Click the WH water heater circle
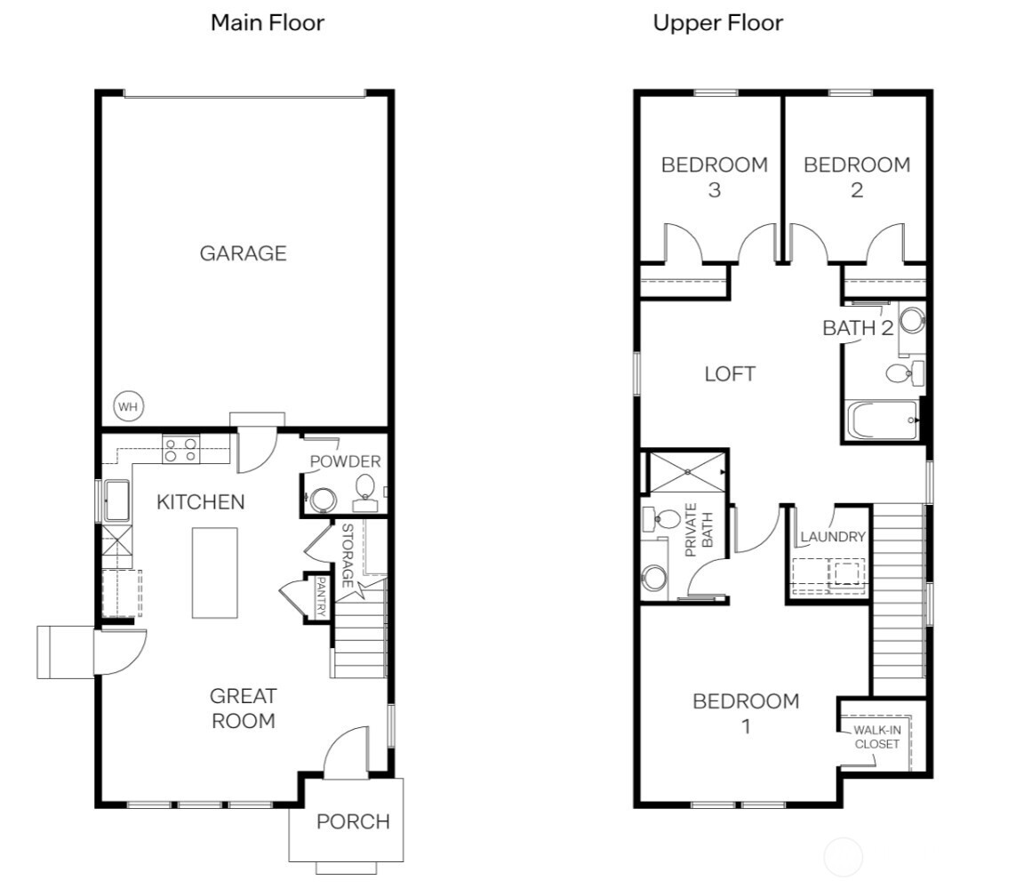[128, 407]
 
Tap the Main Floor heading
[268, 23]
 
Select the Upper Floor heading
[718, 23]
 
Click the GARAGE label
[243, 252]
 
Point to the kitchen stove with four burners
[180, 449]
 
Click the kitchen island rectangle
[214, 573]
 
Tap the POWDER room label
[346, 461]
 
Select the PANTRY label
[320, 597]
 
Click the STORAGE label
[347, 556]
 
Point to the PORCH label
[353, 822]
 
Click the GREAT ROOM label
[244, 708]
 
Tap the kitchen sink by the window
[117, 500]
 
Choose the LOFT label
[730, 374]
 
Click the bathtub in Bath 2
[882, 420]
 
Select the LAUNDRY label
[833, 537]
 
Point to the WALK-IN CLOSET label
[876, 737]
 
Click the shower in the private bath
[687, 473]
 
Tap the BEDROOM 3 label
[715, 177]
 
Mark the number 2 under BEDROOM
[857, 190]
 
